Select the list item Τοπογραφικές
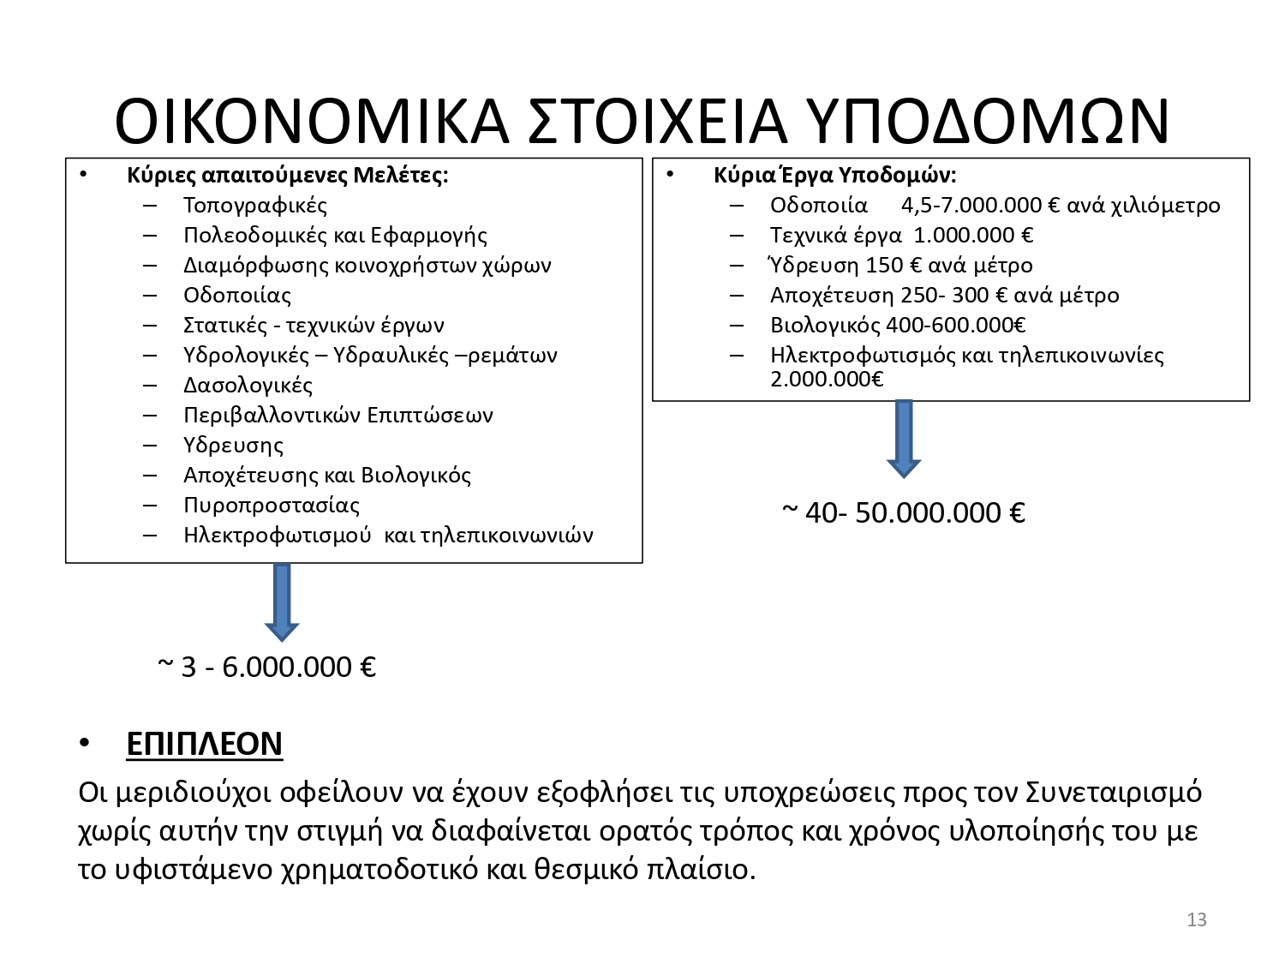[x=255, y=206]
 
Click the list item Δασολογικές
[x=248, y=386]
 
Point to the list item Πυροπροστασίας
[x=272, y=506]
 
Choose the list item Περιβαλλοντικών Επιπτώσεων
[x=338, y=416]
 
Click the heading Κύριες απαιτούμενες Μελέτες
[x=287, y=176]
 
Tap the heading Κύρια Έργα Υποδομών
[x=834, y=176]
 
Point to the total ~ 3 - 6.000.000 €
[x=267, y=667]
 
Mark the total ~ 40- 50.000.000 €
[x=904, y=512]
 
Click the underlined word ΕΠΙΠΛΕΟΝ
[x=204, y=744]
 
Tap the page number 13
[x=1197, y=920]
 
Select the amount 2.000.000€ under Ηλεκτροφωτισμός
[x=827, y=379]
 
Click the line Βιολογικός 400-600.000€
[x=898, y=326]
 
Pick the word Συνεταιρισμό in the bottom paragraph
[x=1114, y=792]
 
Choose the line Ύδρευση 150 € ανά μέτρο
[x=901, y=266]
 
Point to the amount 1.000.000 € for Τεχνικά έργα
[x=973, y=236]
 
